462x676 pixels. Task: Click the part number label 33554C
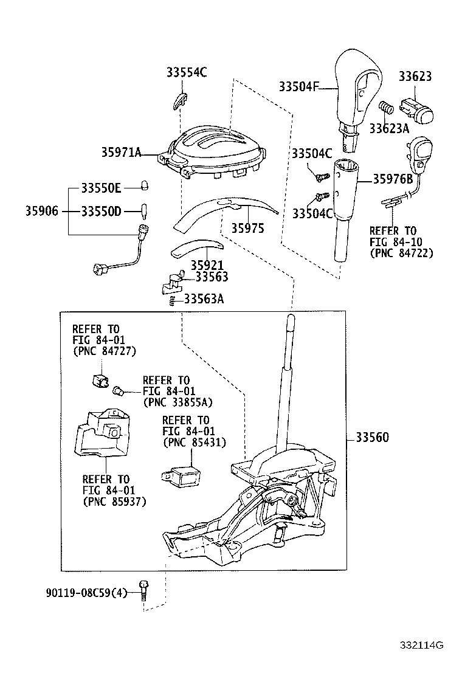point(187,72)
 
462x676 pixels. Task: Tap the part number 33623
point(415,76)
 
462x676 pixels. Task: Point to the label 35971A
point(121,153)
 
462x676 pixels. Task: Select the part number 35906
point(42,211)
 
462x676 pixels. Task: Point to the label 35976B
point(393,179)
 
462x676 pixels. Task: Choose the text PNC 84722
point(401,253)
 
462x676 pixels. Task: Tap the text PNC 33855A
point(178,402)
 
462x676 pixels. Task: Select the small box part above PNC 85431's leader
point(181,474)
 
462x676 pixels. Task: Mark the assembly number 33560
point(372,438)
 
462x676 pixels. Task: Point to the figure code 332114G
point(421,645)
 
